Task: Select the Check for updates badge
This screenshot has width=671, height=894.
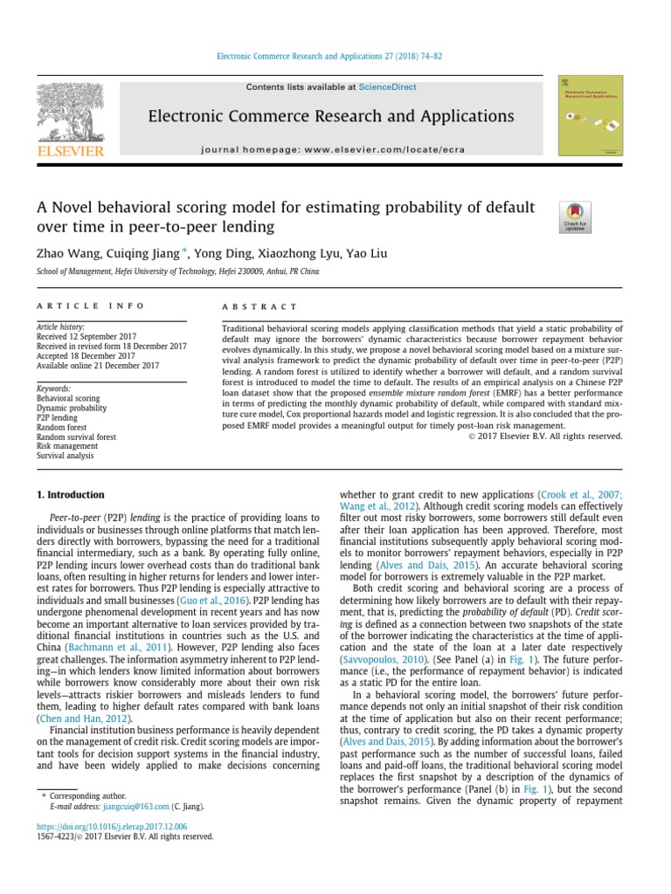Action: [575, 217]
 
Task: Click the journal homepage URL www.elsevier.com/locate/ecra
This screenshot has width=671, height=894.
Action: [404, 150]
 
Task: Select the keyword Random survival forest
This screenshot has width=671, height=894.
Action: [76, 437]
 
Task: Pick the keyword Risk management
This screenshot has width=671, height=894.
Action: [66, 445]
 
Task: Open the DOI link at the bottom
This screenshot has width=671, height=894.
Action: [105, 826]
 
